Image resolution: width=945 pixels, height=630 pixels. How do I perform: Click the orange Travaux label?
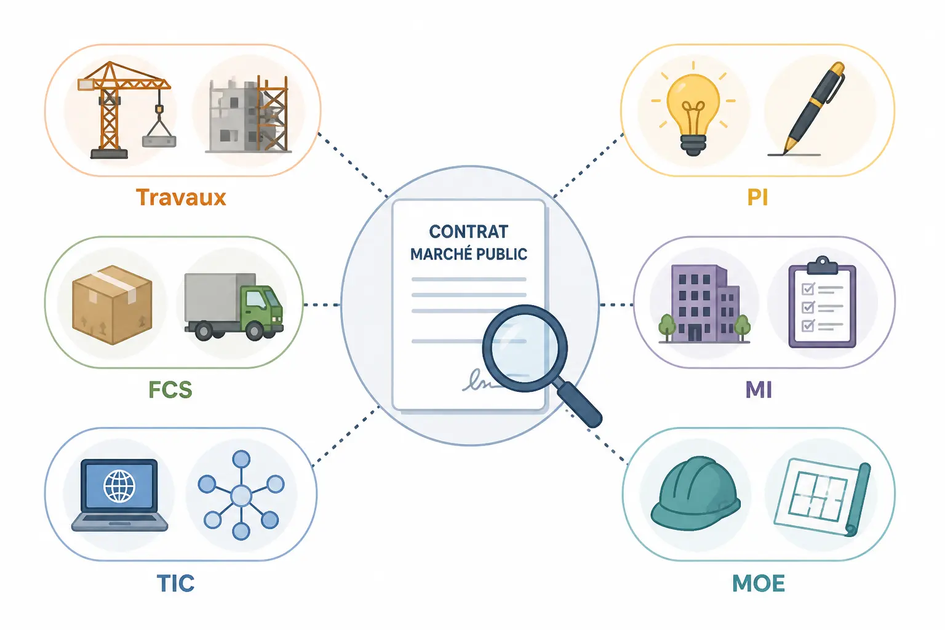(181, 197)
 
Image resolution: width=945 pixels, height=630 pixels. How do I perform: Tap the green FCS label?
(170, 389)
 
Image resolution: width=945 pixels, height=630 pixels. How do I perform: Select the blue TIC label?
(175, 583)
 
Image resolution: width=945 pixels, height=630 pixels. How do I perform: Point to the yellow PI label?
(757, 197)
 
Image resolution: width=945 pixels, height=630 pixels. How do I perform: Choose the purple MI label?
(759, 390)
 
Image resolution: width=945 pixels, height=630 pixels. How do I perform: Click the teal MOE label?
(759, 584)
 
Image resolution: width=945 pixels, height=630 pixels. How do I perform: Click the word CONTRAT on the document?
(469, 232)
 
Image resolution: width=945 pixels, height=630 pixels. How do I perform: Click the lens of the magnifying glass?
(525, 348)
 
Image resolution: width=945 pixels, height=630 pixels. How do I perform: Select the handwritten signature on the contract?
(479, 380)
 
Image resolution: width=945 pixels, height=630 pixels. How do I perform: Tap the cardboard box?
(112, 305)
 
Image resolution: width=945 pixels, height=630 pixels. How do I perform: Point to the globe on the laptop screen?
(119, 486)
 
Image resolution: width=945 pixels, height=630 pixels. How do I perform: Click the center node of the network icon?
(241, 495)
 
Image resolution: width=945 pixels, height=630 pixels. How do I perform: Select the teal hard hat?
(695, 493)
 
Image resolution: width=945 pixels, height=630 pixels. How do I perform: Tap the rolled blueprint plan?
(822, 497)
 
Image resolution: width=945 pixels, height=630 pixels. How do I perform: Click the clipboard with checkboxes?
(822, 302)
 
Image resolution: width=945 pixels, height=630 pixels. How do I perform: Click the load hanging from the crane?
(159, 142)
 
